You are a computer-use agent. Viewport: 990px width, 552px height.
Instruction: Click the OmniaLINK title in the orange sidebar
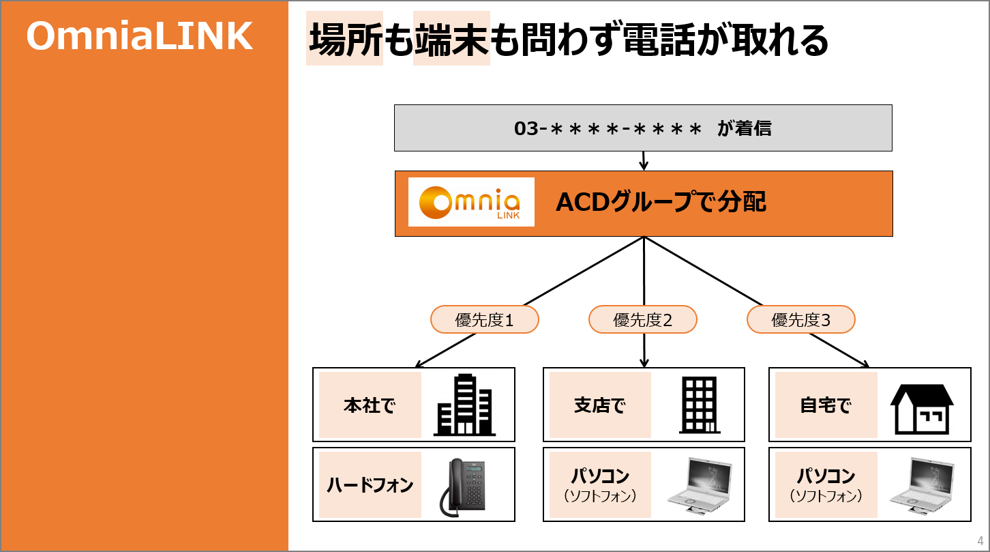[x=140, y=36]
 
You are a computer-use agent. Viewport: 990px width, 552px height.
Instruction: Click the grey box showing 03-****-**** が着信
[x=643, y=128]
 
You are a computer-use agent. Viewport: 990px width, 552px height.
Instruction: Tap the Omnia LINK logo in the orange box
[x=471, y=202]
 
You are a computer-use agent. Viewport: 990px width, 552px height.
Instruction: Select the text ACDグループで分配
[x=661, y=202]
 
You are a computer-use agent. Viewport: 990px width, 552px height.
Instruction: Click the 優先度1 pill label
[x=484, y=319]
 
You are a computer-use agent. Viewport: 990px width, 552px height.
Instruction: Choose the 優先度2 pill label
[x=643, y=319]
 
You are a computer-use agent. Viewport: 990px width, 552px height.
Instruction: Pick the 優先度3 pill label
[x=801, y=319]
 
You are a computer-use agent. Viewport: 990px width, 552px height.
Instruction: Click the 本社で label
[x=370, y=405]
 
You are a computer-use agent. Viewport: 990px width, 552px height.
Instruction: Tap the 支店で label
[x=600, y=405]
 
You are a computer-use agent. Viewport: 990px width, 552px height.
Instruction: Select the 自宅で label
[x=826, y=405]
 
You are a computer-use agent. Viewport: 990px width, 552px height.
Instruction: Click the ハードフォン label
[x=370, y=484]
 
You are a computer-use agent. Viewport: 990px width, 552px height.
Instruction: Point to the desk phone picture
[x=463, y=487]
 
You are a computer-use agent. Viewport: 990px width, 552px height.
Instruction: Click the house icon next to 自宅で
[x=922, y=409]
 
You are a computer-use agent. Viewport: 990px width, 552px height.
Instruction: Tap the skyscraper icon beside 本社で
[x=464, y=405]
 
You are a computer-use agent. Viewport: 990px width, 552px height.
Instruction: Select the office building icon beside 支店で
[x=699, y=405]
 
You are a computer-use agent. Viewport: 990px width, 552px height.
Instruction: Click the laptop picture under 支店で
[x=700, y=486]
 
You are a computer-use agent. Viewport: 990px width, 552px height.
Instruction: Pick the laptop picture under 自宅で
[x=922, y=486]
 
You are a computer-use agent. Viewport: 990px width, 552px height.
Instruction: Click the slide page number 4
[x=980, y=541]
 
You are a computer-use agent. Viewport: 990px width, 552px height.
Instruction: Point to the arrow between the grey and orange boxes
[x=644, y=161]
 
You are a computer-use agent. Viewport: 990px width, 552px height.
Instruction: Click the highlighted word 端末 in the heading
[x=451, y=39]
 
